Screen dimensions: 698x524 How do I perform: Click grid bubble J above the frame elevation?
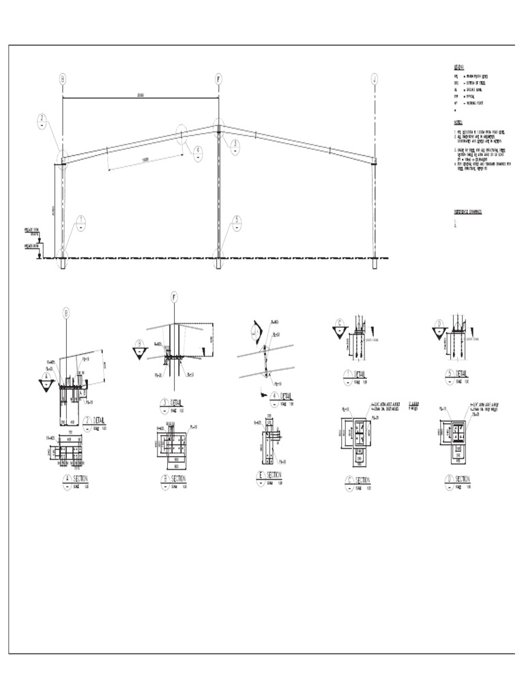[x=375, y=80]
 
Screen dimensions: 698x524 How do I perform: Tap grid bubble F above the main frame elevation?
[x=218, y=80]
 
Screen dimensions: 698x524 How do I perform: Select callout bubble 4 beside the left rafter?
[x=198, y=153]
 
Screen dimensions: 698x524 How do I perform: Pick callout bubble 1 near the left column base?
[x=81, y=224]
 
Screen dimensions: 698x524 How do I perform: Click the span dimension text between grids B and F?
[x=140, y=95]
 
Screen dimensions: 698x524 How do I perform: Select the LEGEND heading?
[x=458, y=67]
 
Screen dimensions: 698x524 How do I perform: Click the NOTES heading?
[x=458, y=123]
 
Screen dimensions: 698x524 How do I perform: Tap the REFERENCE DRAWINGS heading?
[x=469, y=212]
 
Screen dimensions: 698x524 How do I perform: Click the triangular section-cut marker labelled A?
[x=46, y=382]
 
